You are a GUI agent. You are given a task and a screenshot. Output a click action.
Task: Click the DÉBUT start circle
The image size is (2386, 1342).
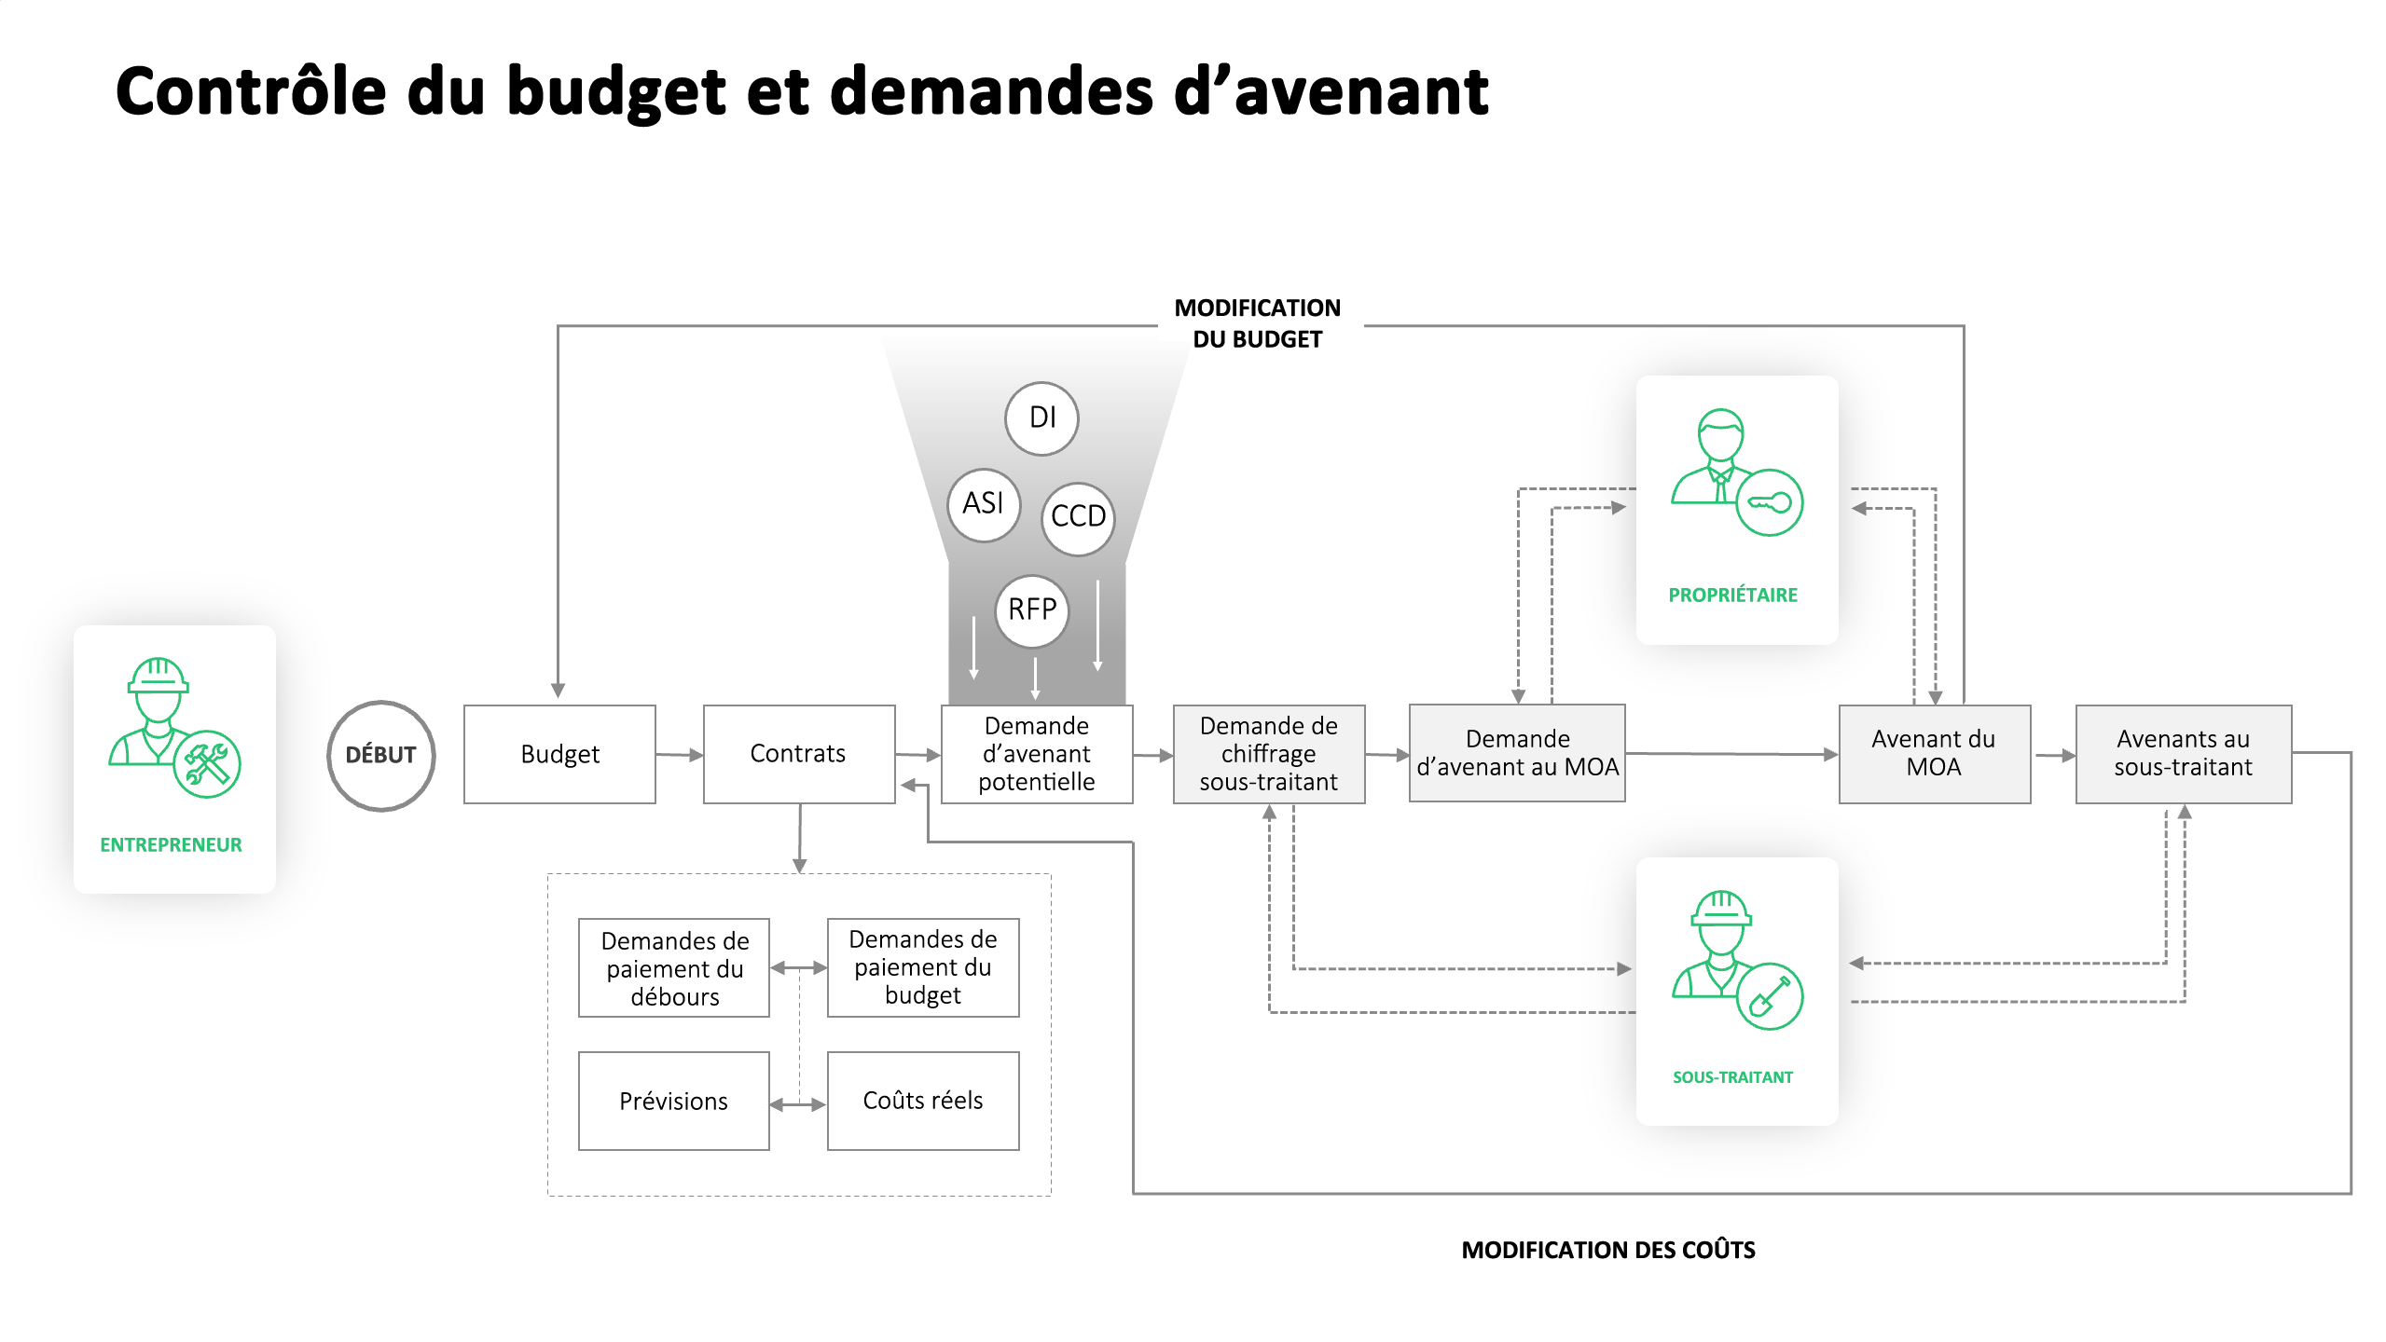pos(380,755)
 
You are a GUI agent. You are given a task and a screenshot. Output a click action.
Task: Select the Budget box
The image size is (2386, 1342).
pos(559,754)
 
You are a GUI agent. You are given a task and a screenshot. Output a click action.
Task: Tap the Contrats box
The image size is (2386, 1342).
pos(798,754)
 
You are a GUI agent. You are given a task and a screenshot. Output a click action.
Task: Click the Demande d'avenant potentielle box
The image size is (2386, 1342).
pos(1036,754)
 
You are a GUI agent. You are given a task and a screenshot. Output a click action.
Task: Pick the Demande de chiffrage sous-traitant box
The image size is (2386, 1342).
pos(1268,754)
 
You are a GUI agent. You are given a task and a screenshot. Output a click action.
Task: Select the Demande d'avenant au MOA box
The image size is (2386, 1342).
pos(1517,753)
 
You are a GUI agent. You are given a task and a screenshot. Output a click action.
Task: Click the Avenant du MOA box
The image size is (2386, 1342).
pos(1934,754)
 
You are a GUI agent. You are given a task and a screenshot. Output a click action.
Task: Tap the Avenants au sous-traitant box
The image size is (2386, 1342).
pos(2183,754)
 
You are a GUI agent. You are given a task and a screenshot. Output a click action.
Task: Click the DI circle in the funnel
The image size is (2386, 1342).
pos(1041,418)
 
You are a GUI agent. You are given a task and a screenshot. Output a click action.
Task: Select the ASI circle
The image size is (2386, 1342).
pos(983,504)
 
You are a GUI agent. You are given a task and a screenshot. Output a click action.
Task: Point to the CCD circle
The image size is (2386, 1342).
pos(1078,517)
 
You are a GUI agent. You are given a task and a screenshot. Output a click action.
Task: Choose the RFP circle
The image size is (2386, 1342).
pos(1031,610)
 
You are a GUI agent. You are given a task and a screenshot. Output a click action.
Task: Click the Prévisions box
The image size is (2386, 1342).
pos(673,1102)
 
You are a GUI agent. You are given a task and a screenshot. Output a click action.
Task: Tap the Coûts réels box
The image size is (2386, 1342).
pos(923,1102)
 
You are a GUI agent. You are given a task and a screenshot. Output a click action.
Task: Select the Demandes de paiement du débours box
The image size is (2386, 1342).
pos(673,968)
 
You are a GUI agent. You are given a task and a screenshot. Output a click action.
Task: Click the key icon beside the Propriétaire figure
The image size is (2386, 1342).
pos(1769,503)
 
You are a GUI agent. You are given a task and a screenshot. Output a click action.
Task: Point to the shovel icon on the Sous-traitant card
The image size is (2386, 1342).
pos(1769,996)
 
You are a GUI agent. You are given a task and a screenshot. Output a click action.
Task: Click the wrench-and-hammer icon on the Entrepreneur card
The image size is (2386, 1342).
pos(207,764)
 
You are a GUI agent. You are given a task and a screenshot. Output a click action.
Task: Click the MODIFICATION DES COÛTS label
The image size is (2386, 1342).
pos(1607,1251)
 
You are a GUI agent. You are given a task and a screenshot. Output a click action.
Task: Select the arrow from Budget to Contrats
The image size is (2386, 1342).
pos(679,755)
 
